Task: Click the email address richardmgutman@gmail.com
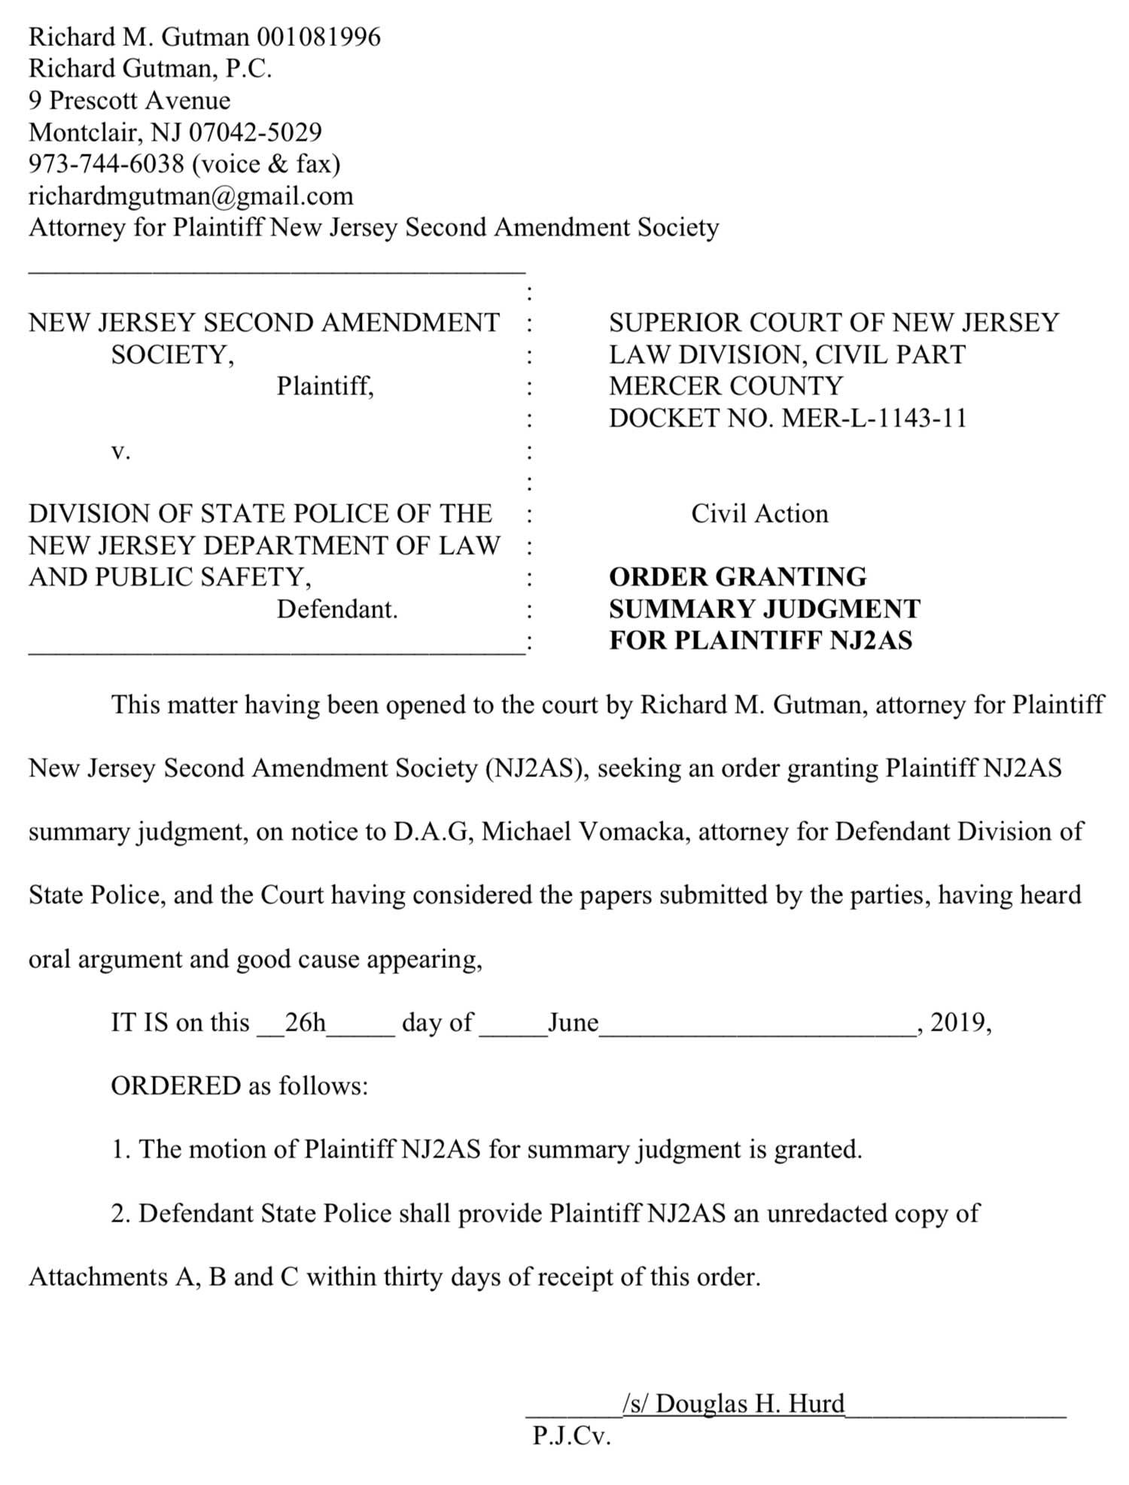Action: [190, 196]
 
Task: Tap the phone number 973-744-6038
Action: [106, 164]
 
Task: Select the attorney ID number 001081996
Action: [319, 37]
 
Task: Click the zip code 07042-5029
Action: [255, 132]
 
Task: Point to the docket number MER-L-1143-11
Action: [875, 418]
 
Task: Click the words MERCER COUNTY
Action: [726, 386]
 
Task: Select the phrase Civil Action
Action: [759, 514]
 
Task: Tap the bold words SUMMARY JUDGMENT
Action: [765, 609]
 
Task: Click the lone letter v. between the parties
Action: [120, 452]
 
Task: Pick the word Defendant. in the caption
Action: [337, 609]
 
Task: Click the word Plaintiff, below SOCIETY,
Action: [325, 386]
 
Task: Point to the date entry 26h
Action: [305, 1023]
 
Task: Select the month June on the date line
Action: [573, 1023]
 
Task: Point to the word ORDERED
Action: [176, 1086]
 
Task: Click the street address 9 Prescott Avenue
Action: [129, 101]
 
